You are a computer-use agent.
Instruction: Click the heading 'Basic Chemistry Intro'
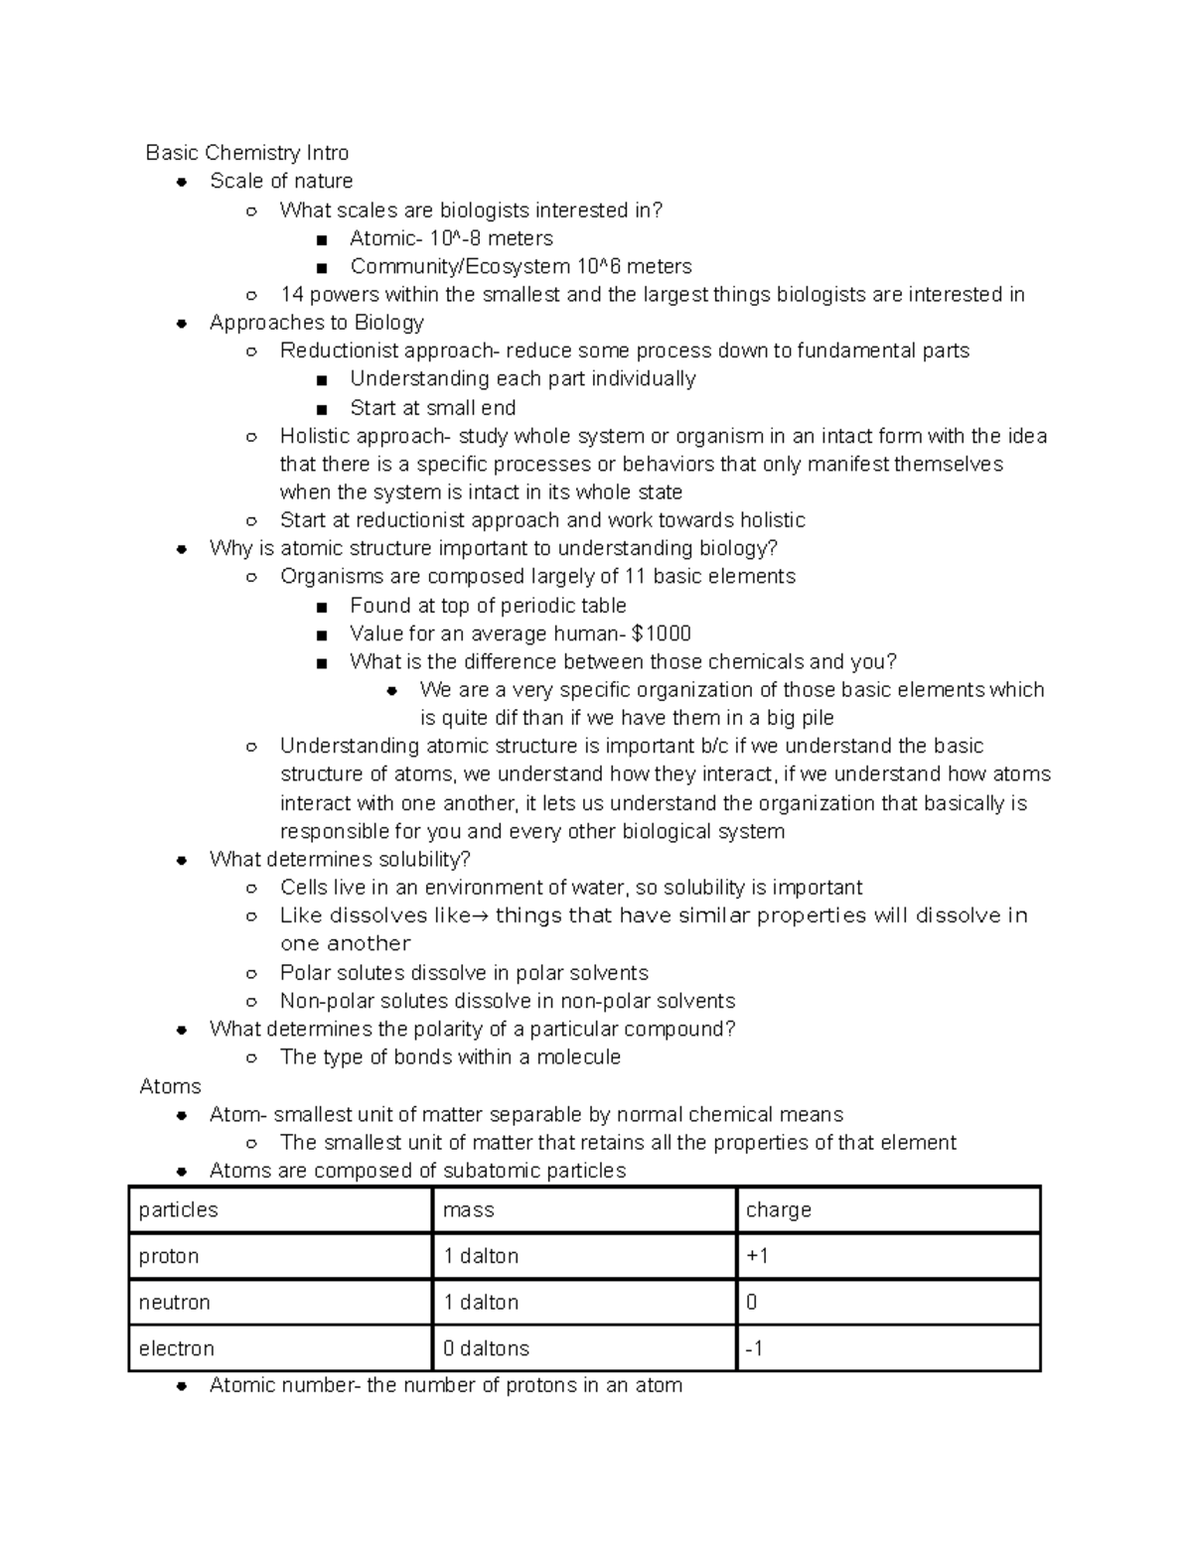(246, 153)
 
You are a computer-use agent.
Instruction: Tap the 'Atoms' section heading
(171, 1086)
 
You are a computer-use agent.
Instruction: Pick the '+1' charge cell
(758, 1256)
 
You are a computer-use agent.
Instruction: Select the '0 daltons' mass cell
(486, 1348)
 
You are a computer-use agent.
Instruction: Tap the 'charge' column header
(779, 1209)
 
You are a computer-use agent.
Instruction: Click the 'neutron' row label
(175, 1302)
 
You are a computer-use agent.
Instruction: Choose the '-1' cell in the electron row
(754, 1348)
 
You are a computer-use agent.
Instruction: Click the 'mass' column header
(469, 1209)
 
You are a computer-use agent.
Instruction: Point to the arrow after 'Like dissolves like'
(481, 915)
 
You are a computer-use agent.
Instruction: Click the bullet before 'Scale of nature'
(182, 182)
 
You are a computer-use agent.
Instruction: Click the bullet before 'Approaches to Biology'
(182, 323)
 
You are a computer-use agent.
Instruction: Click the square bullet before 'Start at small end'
(321, 408)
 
